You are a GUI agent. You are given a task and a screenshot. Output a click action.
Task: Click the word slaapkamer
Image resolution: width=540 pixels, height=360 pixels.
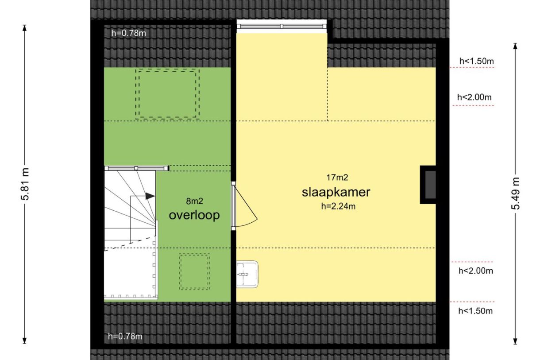(336, 193)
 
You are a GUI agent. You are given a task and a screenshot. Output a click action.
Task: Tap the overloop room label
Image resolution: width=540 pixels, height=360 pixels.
(194, 215)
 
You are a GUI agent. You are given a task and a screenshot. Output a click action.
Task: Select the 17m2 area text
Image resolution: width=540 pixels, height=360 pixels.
(337, 178)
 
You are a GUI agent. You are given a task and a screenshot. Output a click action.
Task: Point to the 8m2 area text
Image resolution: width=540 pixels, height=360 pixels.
(195, 201)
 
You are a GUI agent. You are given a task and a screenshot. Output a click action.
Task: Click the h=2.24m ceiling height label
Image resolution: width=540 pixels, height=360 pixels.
(338, 206)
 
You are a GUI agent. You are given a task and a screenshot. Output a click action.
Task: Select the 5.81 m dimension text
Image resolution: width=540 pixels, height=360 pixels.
(25, 184)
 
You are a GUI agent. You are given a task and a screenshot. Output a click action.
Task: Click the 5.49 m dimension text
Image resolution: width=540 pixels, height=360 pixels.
(515, 194)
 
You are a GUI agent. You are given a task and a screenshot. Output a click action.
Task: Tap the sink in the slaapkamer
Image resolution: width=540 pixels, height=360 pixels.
(247, 275)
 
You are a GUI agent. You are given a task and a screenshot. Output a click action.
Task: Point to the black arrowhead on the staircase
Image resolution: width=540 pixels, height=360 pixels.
(150, 196)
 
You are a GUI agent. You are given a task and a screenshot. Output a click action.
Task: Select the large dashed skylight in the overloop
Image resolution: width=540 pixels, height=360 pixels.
(167, 94)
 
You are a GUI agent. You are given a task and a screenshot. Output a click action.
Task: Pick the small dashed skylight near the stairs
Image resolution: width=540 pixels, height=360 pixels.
(194, 271)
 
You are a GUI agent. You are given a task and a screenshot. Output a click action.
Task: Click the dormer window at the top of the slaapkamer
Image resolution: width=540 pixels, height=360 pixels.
(282, 26)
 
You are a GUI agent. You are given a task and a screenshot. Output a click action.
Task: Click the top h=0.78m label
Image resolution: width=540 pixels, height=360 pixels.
(129, 33)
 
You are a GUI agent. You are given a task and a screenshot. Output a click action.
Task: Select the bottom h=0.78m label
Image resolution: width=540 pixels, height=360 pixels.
(125, 337)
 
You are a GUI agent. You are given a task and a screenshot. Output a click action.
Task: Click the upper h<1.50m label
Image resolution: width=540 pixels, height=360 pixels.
(477, 61)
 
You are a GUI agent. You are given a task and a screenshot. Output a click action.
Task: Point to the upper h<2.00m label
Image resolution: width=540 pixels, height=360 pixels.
(474, 97)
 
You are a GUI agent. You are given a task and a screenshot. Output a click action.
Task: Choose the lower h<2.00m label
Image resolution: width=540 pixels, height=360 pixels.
(476, 271)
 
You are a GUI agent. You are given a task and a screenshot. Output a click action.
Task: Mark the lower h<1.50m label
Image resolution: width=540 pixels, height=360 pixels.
(475, 311)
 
